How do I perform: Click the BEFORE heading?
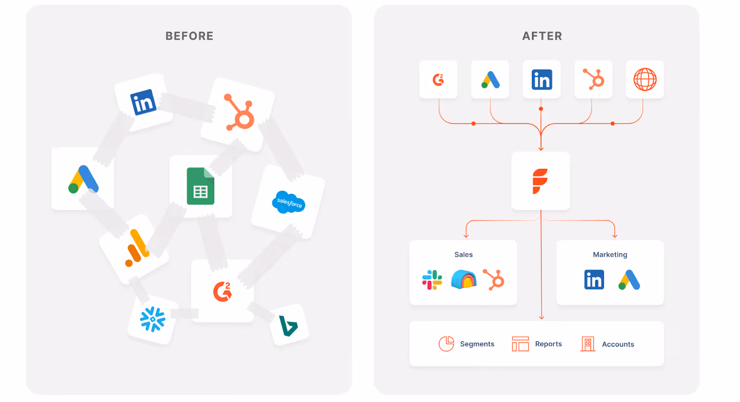coord(189,36)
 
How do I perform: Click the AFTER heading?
coord(542,36)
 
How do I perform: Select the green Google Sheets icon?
coord(200,186)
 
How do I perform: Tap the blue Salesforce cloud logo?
coord(289,202)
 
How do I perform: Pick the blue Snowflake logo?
coord(153,319)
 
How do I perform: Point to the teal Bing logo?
coord(288,326)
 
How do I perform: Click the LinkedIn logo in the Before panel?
coord(143,102)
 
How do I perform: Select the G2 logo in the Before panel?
coord(222,291)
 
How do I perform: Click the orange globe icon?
coord(645,80)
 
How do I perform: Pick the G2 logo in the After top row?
coord(438,80)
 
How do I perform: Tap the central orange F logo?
coord(540,181)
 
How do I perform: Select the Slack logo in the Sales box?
coord(432,280)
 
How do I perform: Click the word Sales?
coord(463,254)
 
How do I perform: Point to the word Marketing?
coord(610,254)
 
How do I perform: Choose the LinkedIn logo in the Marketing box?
coord(594,280)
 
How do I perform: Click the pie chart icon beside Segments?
coord(446,344)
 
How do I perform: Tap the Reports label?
coord(548,344)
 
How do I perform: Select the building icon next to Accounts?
coord(588,344)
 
